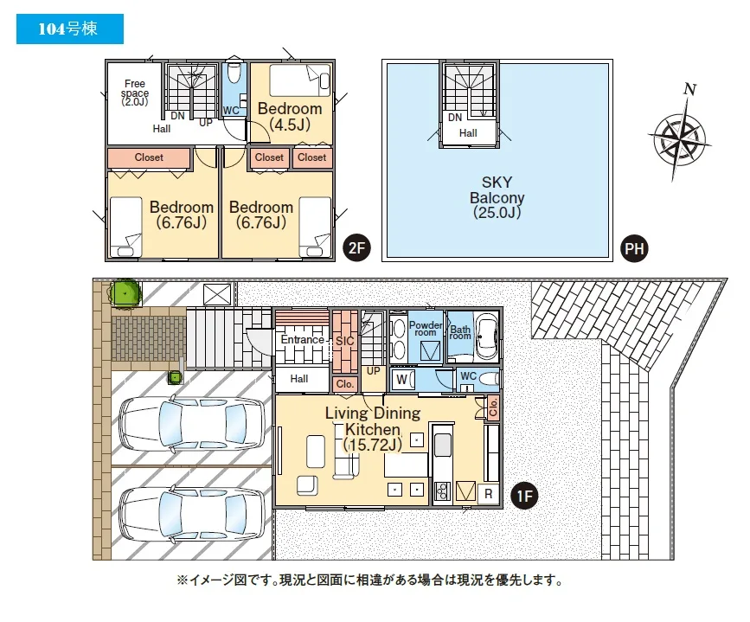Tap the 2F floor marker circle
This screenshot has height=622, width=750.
(x=356, y=247)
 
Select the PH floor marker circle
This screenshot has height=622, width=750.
(x=634, y=249)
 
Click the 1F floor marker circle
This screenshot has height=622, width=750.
(x=524, y=496)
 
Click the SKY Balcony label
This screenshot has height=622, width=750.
(x=497, y=197)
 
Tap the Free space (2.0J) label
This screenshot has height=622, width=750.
(x=135, y=93)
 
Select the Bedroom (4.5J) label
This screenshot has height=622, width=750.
(x=290, y=116)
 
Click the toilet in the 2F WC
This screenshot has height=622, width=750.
(x=234, y=73)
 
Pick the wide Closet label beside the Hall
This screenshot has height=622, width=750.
(x=149, y=157)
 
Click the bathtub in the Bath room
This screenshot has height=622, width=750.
(x=486, y=337)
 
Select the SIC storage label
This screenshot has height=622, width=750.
(x=345, y=341)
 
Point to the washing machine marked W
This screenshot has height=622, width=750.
(x=402, y=380)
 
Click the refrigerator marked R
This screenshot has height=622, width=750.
(x=489, y=494)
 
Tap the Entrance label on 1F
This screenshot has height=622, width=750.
(x=302, y=340)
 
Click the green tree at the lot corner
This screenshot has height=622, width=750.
(x=125, y=292)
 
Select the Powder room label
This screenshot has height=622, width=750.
(x=426, y=329)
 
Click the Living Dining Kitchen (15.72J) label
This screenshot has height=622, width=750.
(x=373, y=429)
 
